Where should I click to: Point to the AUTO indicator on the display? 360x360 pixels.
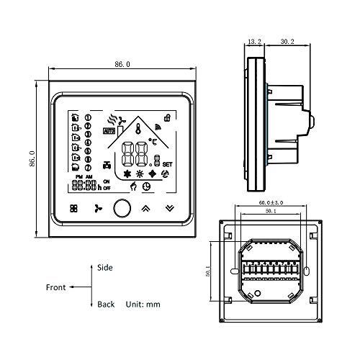coord(109,131)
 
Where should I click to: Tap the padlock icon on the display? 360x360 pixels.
coord(167,117)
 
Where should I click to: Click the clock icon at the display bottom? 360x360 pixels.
coord(147,186)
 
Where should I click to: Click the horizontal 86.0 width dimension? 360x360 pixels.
coord(121,64)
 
